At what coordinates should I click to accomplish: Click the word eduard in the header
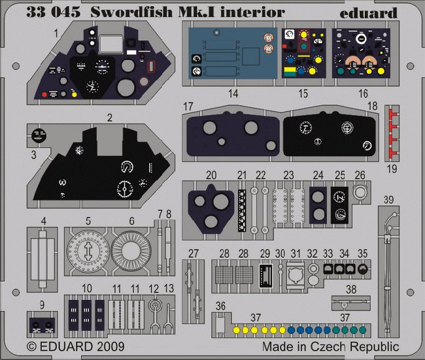(x=368, y=12)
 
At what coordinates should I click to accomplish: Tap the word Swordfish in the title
(x=131, y=12)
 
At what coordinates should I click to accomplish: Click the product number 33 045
(x=54, y=12)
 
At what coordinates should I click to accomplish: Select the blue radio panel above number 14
(x=233, y=53)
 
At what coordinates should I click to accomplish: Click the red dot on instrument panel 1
(x=44, y=95)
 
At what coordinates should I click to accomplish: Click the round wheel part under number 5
(x=88, y=252)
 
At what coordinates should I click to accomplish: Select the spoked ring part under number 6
(x=131, y=252)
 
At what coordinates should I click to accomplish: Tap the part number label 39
(x=388, y=200)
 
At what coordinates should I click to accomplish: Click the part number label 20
(x=211, y=175)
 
